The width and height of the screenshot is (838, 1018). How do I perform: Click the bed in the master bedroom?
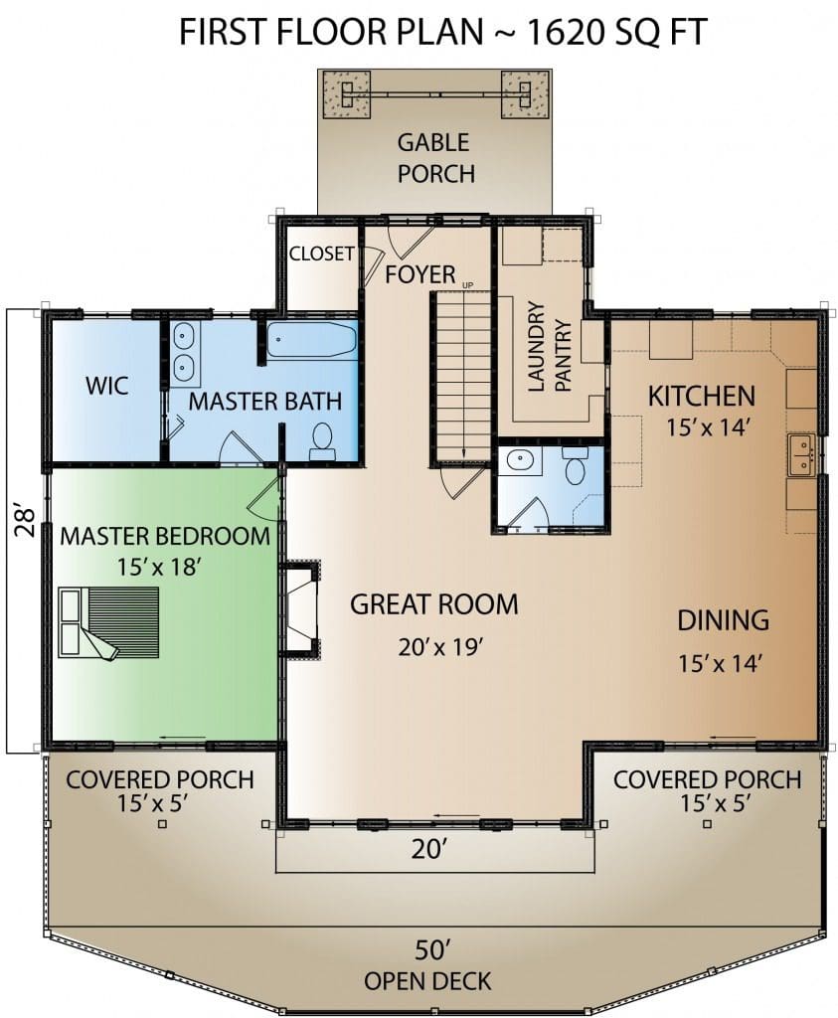[x=109, y=622]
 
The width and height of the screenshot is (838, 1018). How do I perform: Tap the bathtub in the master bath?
[x=312, y=340]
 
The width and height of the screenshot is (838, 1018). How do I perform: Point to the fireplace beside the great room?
[x=300, y=609]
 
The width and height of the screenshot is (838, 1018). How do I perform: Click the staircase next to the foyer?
[x=460, y=377]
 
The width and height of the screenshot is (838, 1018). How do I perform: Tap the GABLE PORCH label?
[x=434, y=158]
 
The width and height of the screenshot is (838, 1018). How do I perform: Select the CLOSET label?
[x=322, y=254]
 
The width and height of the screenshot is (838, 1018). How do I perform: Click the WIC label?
[x=107, y=386]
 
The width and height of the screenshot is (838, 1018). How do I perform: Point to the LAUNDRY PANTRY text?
[x=549, y=346]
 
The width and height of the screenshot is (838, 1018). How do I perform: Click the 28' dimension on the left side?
[x=25, y=521]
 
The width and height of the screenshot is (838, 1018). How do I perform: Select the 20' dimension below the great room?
[x=429, y=849]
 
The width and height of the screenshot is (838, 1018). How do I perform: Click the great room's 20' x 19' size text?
[x=441, y=646]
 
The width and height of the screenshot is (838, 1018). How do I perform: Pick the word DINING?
[x=723, y=620]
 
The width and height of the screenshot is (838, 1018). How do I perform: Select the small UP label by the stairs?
[x=468, y=285]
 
